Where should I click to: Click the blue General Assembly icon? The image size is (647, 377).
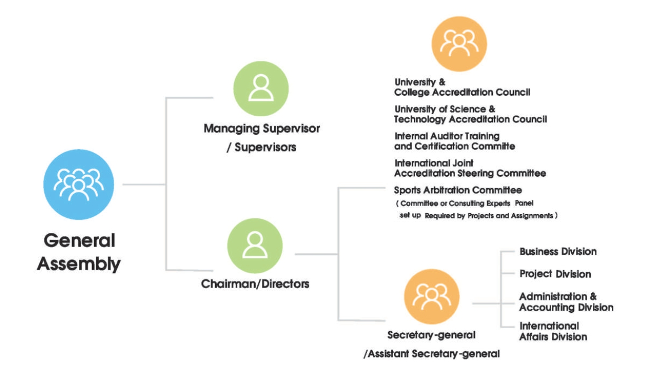click(x=78, y=185)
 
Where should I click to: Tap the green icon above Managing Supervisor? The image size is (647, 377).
click(x=261, y=89)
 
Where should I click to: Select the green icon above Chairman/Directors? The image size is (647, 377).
click(x=255, y=246)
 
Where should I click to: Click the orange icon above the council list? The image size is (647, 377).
click(x=459, y=44)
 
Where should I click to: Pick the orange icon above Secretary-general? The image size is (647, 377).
click(x=431, y=297)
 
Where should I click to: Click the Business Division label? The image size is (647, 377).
click(x=558, y=251)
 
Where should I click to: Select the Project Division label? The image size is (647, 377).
click(x=555, y=274)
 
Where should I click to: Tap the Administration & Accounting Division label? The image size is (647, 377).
click(x=566, y=302)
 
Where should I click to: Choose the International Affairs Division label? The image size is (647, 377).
click(x=553, y=331)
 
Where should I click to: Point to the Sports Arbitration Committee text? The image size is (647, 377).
click(x=458, y=190)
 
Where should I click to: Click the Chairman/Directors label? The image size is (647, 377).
click(x=255, y=284)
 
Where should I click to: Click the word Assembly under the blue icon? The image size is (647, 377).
click(x=78, y=264)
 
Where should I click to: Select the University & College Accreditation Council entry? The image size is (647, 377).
click(x=462, y=87)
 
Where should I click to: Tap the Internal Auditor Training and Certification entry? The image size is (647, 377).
click(x=454, y=141)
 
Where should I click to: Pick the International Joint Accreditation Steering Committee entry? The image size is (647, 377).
click(x=470, y=168)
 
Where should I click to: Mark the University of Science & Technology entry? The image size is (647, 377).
click(x=470, y=114)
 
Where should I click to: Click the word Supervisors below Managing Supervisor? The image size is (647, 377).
click(x=265, y=148)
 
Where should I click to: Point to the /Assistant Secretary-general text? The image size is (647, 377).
click(x=431, y=354)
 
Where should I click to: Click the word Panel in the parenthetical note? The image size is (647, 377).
click(x=524, y=203)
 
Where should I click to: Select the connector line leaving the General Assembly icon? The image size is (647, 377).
click(x=144, y=184)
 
